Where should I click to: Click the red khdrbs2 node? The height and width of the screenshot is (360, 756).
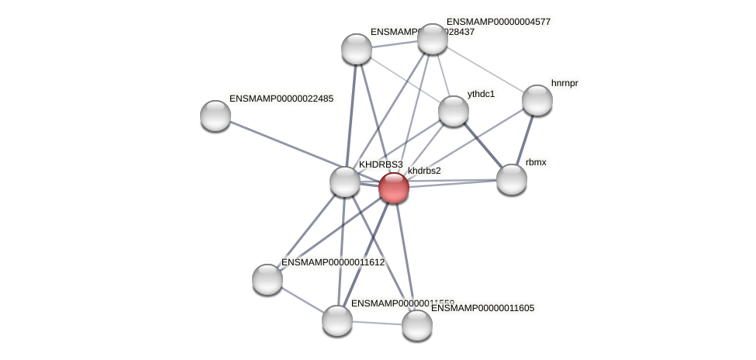(394, 188)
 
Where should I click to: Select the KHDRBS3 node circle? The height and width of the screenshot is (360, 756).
(345, 182)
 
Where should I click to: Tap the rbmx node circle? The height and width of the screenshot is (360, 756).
(512, 179)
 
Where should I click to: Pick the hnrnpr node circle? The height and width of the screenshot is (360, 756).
(537, 100)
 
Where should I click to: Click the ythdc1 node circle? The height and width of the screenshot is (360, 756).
(454, 111)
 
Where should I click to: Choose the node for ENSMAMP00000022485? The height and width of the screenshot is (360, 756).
(216, 116)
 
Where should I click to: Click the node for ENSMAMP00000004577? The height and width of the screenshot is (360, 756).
(433, 39)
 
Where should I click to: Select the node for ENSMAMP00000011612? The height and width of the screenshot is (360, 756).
(268, 279)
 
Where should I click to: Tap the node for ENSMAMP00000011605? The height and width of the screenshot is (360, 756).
(417, 325)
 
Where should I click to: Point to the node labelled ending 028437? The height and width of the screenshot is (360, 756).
(357, 49)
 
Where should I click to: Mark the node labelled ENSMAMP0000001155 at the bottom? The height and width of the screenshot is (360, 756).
(337, 320)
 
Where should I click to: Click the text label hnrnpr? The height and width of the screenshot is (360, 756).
(564, 83)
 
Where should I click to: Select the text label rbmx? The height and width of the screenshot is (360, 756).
(535, 162)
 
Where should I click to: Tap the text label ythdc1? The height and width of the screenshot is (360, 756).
(481, 94)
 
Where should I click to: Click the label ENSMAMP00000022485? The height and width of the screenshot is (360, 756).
(281, 99)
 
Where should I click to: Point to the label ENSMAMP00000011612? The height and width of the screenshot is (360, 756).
(333, 263)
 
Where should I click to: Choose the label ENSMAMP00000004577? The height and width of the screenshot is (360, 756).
(499, 22)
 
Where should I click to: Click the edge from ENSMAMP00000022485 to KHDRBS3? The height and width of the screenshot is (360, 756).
(280, 148)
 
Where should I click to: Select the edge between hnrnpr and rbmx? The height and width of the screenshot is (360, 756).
(525, 140)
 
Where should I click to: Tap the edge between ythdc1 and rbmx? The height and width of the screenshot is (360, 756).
(482, 145)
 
